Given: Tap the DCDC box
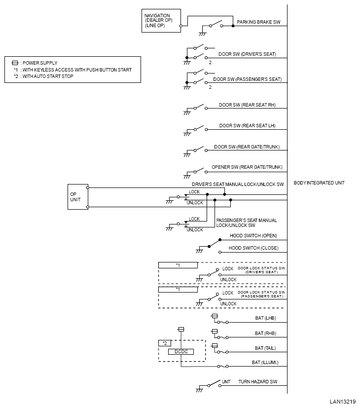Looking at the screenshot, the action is click(181, 352).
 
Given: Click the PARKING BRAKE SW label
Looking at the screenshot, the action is click(258, 22).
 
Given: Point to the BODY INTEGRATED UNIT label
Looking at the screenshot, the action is click(319, 183).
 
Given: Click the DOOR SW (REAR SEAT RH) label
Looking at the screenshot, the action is click(247, 105).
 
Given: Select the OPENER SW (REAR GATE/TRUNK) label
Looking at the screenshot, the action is click(247, 167).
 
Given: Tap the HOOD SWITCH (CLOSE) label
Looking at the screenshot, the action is click(253, 248).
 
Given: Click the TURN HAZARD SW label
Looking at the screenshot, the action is click(258, 382).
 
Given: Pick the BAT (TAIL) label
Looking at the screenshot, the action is click(265, 348).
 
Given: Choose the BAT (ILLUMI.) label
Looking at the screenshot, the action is click(265, 363).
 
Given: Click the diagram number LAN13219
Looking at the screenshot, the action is click(343, 402).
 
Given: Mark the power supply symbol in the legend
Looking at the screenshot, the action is click(15, 63).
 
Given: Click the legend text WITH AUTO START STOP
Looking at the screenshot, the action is click(48, 76).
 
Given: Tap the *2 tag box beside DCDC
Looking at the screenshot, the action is click(165, 343).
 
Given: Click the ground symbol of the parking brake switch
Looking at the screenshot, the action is click(202, 34).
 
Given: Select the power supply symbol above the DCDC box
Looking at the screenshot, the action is click(181, 330).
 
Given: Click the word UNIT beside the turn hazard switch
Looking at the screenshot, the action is click(226, 382).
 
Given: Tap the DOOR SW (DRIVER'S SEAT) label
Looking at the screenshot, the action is click(247, 54).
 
